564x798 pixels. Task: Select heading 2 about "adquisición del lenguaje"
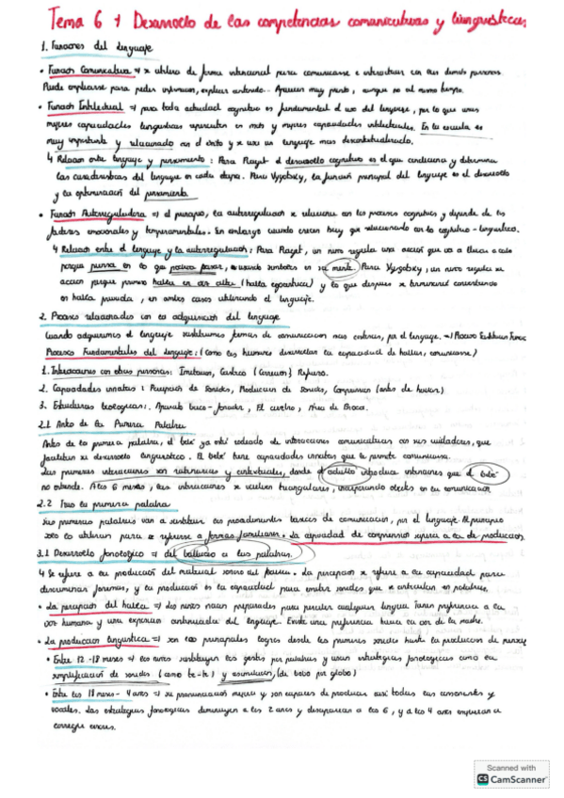(141, 317)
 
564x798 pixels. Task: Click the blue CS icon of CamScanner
(482, 779)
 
